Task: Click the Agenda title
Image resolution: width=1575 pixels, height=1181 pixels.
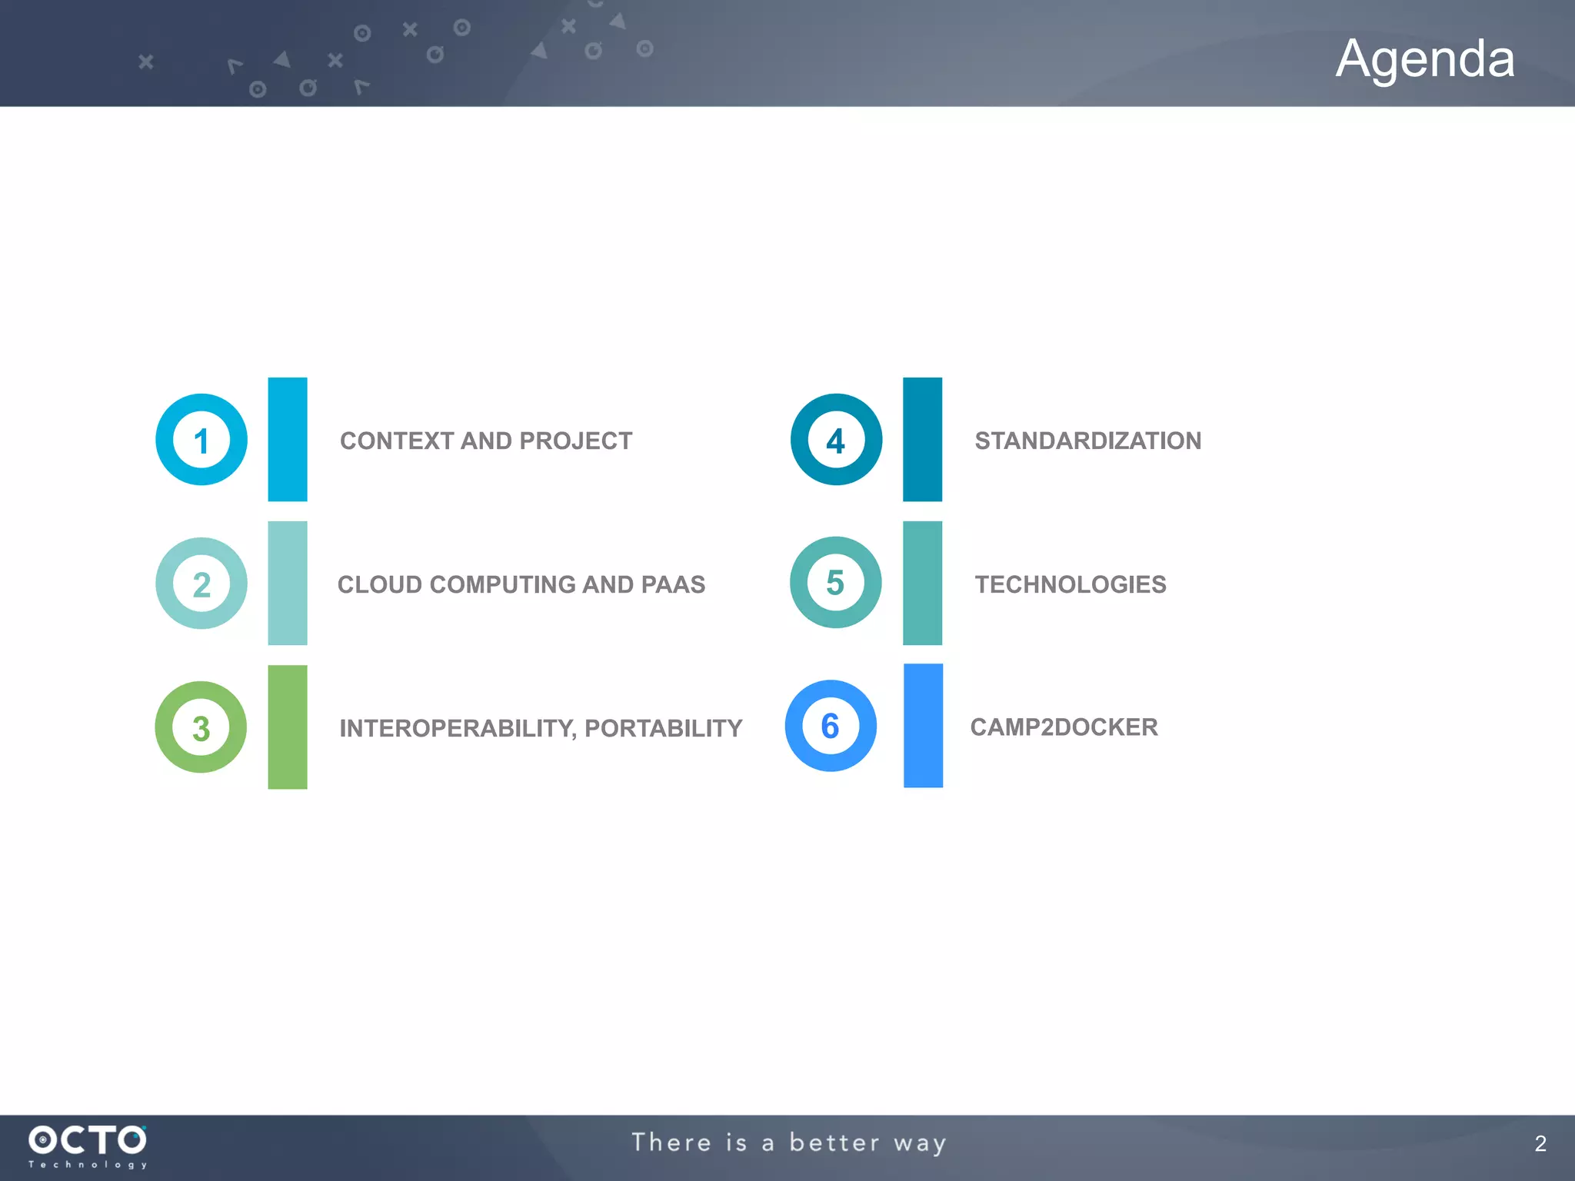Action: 1424,58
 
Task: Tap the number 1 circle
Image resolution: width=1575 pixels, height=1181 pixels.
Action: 201,440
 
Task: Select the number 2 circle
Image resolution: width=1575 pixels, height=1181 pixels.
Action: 201,584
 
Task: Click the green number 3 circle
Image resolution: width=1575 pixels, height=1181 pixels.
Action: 201,727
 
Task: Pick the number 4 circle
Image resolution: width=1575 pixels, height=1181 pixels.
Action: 836,440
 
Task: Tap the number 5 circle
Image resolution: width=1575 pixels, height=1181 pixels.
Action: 835,583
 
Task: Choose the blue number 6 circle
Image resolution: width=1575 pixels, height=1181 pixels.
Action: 831,726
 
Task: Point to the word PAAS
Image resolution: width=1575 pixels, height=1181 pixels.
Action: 672,584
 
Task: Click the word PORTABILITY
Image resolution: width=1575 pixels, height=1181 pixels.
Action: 663,728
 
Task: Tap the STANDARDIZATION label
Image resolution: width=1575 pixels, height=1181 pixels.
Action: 1087,441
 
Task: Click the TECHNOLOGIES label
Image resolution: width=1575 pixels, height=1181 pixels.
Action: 1071,584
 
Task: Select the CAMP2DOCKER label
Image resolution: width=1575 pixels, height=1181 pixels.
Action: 1064,727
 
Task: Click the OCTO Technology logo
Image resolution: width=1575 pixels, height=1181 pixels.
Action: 88,1146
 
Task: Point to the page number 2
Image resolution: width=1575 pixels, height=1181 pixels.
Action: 1540,1143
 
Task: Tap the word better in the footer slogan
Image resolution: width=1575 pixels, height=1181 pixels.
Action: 834,1143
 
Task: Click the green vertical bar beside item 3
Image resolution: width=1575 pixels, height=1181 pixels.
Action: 288,727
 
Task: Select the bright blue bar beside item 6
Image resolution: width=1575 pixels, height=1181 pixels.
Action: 923,726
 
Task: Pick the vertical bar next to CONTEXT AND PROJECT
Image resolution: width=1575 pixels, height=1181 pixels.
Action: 288,440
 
